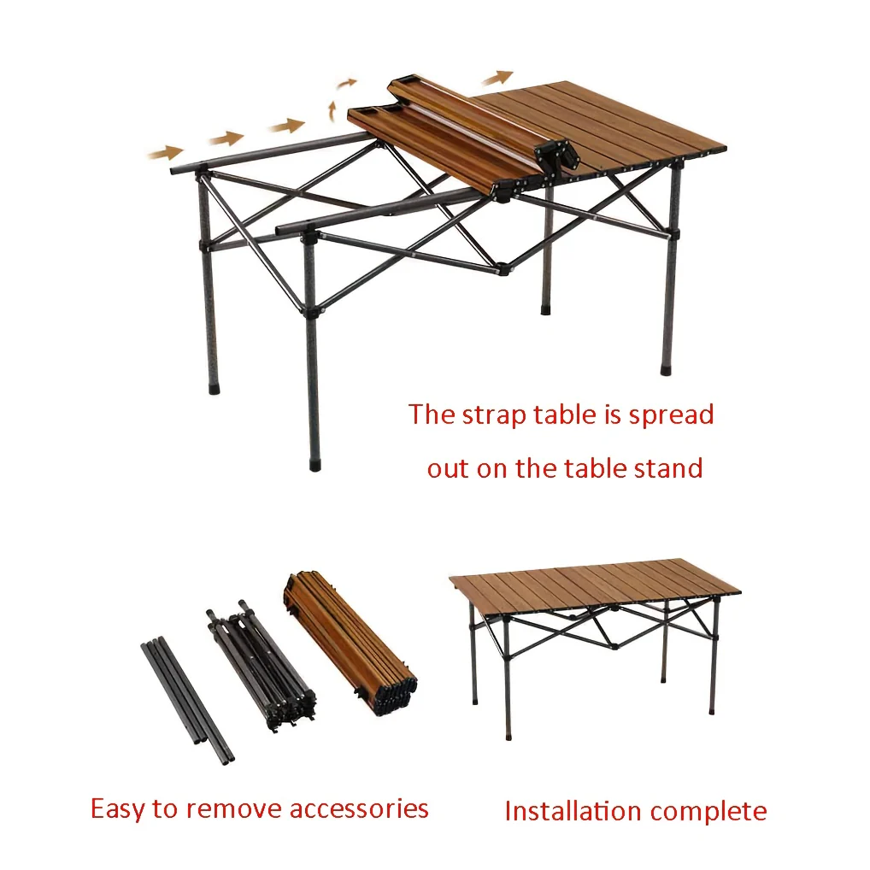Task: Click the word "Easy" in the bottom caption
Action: pyautogui.click(x=118, y=809)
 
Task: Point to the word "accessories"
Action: pyautogui.click(x=359, y=809)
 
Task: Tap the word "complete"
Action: pyautogui.click(x=708, y=812)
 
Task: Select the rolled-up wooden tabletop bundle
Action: pyautogui.click(x=350, y=643)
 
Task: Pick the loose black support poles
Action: pyautogui.click(x=187, y=700)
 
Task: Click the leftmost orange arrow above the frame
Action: pyautogui.click(x=165, y=153)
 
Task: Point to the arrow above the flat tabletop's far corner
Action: pyautogui.click(x=497, y=78)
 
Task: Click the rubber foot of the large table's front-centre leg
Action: pyautogui.click(x=314, y=464)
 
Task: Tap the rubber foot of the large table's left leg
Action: pyautogui.click(x=215, y=388)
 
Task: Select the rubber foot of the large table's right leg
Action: pyautogui.click(x=666, y=369)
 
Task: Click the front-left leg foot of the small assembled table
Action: pyautogui.click(x=508, y=735)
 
